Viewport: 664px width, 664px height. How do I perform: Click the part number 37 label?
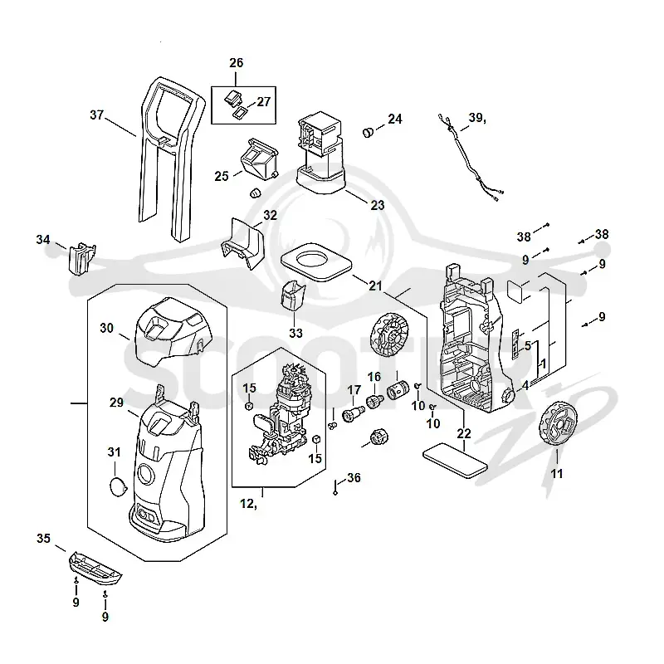click(x=97, y=115)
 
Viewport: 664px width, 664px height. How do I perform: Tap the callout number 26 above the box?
click(x=237, y=63)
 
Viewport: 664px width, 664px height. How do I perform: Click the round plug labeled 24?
click(x=369, y=132)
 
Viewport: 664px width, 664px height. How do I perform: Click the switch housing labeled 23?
click(x=320, y=153)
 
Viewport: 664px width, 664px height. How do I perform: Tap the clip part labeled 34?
click(x=81, y=259)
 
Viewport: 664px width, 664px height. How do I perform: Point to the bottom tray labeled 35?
click(x=95, y=566)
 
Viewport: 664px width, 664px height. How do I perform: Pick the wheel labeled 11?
click(x=559, y=423)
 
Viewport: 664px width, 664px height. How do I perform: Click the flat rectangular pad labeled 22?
click(x=455, y=461)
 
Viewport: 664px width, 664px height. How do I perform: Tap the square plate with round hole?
click(x=316, y=262)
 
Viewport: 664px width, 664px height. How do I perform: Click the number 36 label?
click(x=354, y=478)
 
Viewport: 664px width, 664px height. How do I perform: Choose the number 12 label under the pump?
click(x=247, y=504)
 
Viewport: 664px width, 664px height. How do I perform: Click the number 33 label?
click(x=296, y=334)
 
